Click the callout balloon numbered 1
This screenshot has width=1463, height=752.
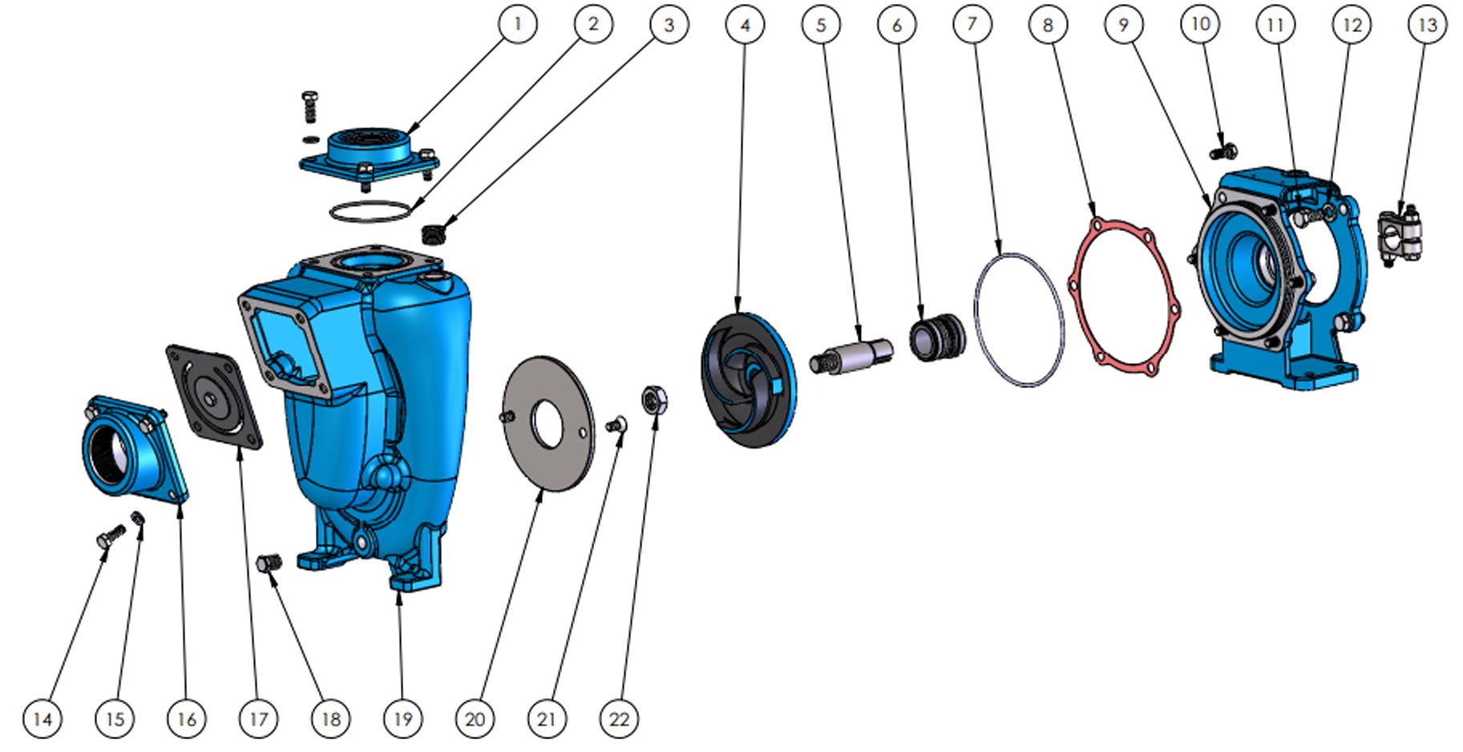pyautogui.click(x=517, y=24)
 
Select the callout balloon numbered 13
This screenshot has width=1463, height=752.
pyautogui.click(x=1428, y=25)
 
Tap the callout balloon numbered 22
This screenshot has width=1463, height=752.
pyautogui.click(x=620, y=718)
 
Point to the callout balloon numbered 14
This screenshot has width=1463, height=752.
pyautogui.click(x=42, y=718)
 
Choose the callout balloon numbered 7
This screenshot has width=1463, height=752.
pyautogui.click(x=972, y=24)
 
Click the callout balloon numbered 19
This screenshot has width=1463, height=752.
pyautogui.click(x=402, y=718)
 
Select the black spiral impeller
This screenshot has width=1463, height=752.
pyautogui.click(x=747, y=379)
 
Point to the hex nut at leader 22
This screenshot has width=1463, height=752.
pyautogui.click(x=656, y=399)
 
